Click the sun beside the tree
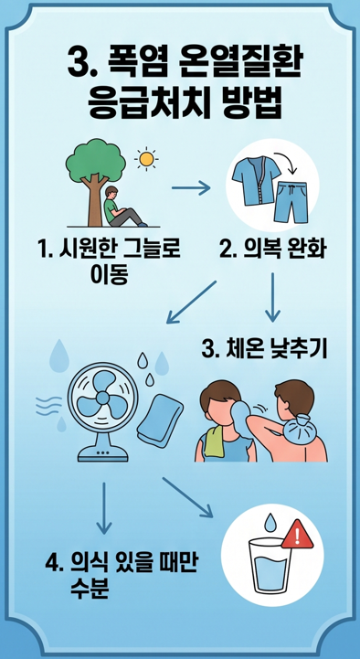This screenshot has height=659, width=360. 146,159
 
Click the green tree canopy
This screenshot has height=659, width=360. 96,160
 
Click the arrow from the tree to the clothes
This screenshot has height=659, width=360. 191,188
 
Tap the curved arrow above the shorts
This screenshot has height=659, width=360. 286,163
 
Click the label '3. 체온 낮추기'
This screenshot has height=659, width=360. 264,350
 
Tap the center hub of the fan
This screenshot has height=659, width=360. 103,398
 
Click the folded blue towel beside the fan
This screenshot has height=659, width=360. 162,419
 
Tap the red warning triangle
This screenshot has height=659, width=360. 297,536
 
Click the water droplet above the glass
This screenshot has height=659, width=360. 270,522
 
